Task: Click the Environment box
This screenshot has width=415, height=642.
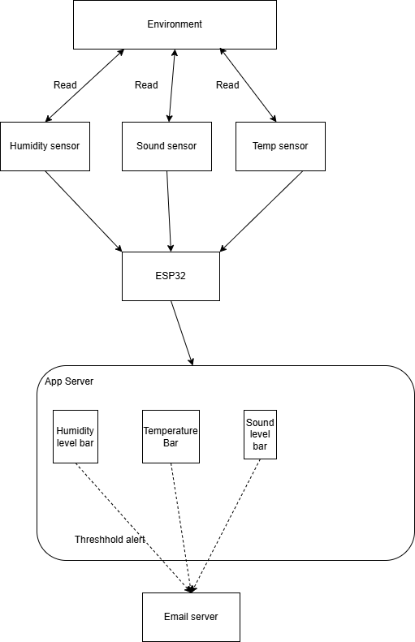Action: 175,24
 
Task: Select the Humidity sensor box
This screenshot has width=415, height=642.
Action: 45,146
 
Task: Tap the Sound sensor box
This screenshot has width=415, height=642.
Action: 166,146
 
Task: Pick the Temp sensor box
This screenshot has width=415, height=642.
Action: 281,146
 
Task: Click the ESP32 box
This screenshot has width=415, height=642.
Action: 171,277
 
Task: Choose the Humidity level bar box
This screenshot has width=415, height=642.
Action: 76,437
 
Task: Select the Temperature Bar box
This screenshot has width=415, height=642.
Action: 171,437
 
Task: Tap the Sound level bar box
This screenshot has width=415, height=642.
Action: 260,434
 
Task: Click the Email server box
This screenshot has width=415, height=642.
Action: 192,617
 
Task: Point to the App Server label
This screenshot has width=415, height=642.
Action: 69,381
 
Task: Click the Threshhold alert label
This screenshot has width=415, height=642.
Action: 110,540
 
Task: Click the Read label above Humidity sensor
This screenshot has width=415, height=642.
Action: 65,84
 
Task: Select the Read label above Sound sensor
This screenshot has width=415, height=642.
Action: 146,84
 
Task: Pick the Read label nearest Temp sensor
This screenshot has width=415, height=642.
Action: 227,84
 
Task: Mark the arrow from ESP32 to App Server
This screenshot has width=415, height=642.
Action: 182,333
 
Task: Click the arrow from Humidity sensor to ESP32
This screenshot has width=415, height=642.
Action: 84,211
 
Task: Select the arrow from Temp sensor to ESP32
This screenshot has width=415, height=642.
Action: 262,211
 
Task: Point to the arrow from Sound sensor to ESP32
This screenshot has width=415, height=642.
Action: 169,211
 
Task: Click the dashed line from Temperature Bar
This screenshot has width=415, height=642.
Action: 180,528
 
